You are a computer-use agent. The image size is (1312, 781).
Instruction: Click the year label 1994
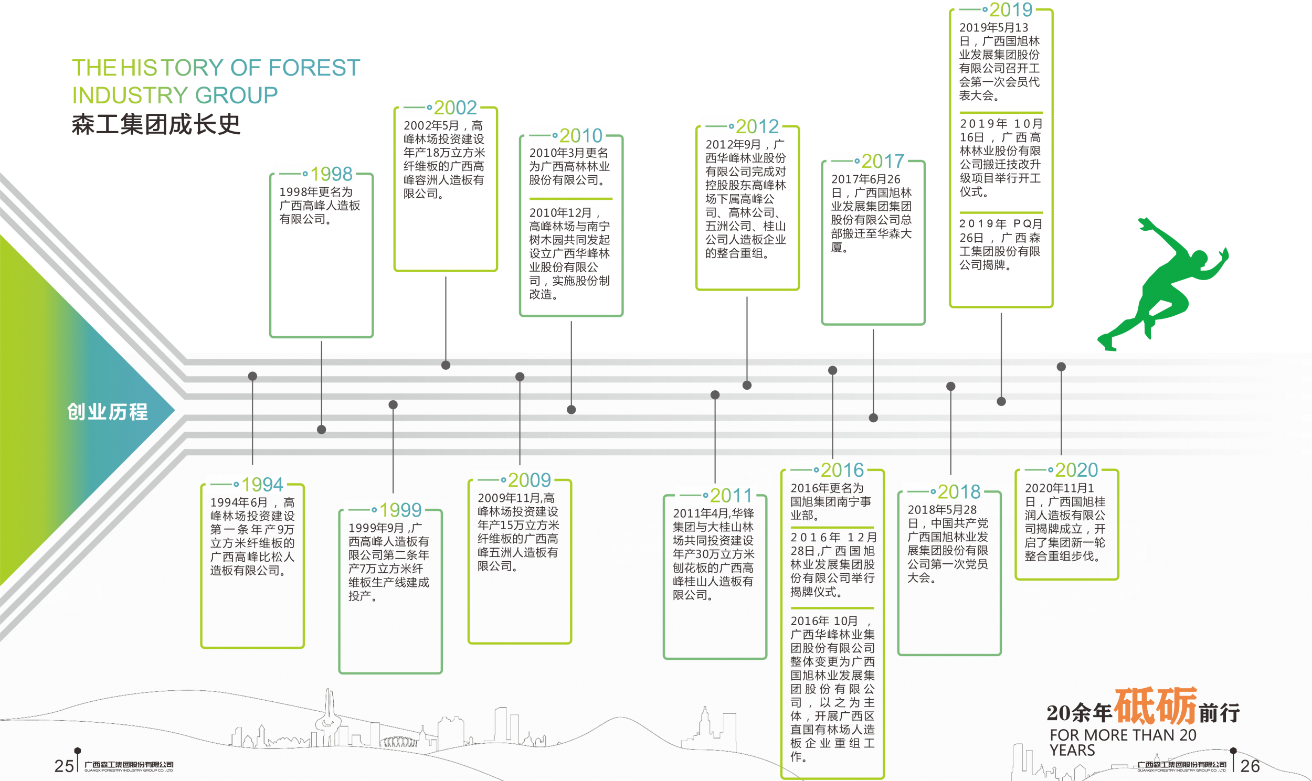262,484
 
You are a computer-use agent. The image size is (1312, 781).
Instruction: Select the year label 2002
455,108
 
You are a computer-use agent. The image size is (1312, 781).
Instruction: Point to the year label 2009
529,480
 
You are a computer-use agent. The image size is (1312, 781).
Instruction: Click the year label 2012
757,126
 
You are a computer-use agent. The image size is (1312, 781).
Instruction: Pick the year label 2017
882,161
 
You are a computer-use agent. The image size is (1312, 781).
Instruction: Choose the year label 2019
1010,9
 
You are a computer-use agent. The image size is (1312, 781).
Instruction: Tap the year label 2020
1076,470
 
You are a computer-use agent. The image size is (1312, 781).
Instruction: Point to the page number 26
1250,766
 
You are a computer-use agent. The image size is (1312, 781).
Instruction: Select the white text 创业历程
108,412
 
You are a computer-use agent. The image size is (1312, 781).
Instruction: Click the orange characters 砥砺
1156,707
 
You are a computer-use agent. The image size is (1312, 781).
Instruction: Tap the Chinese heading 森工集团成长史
156,124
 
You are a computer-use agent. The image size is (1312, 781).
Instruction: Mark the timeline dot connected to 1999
393,405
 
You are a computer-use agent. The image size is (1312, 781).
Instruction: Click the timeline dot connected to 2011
715,395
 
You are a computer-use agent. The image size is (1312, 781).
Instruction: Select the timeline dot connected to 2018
951,386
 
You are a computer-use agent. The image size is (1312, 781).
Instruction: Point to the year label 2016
842,470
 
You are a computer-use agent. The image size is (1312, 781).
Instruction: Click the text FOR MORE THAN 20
1123,735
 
